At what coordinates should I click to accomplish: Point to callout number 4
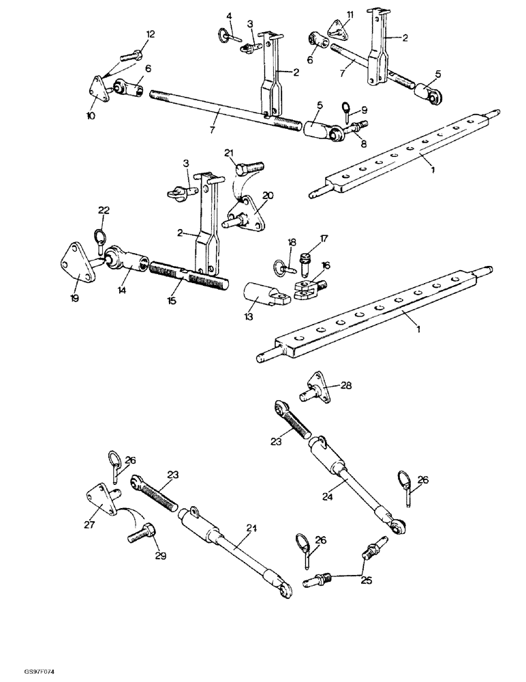click(229, 16)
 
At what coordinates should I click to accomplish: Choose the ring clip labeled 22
click(99, 239)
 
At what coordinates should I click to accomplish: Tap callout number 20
click(267, 196)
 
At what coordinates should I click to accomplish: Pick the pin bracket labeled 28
click(317, 390)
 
